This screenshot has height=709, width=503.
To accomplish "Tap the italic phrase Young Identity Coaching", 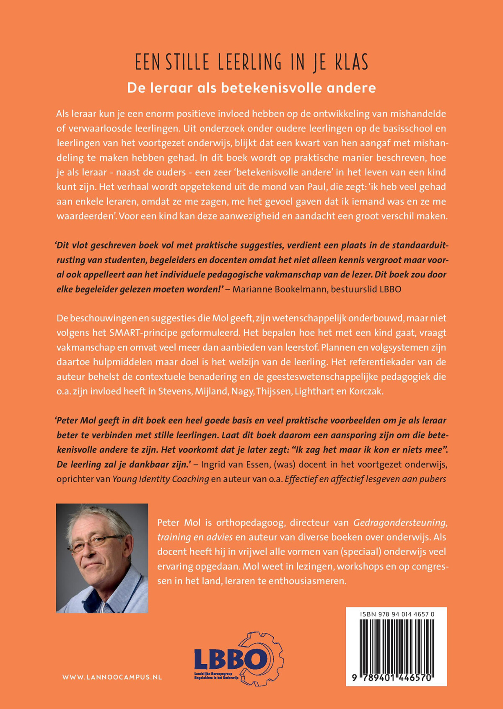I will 161,479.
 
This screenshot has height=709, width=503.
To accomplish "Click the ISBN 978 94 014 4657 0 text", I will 397,614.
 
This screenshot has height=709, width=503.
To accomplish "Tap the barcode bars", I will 396,645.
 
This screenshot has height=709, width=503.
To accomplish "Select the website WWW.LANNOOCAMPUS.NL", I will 112,677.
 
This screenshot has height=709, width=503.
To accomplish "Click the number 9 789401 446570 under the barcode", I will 396,678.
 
